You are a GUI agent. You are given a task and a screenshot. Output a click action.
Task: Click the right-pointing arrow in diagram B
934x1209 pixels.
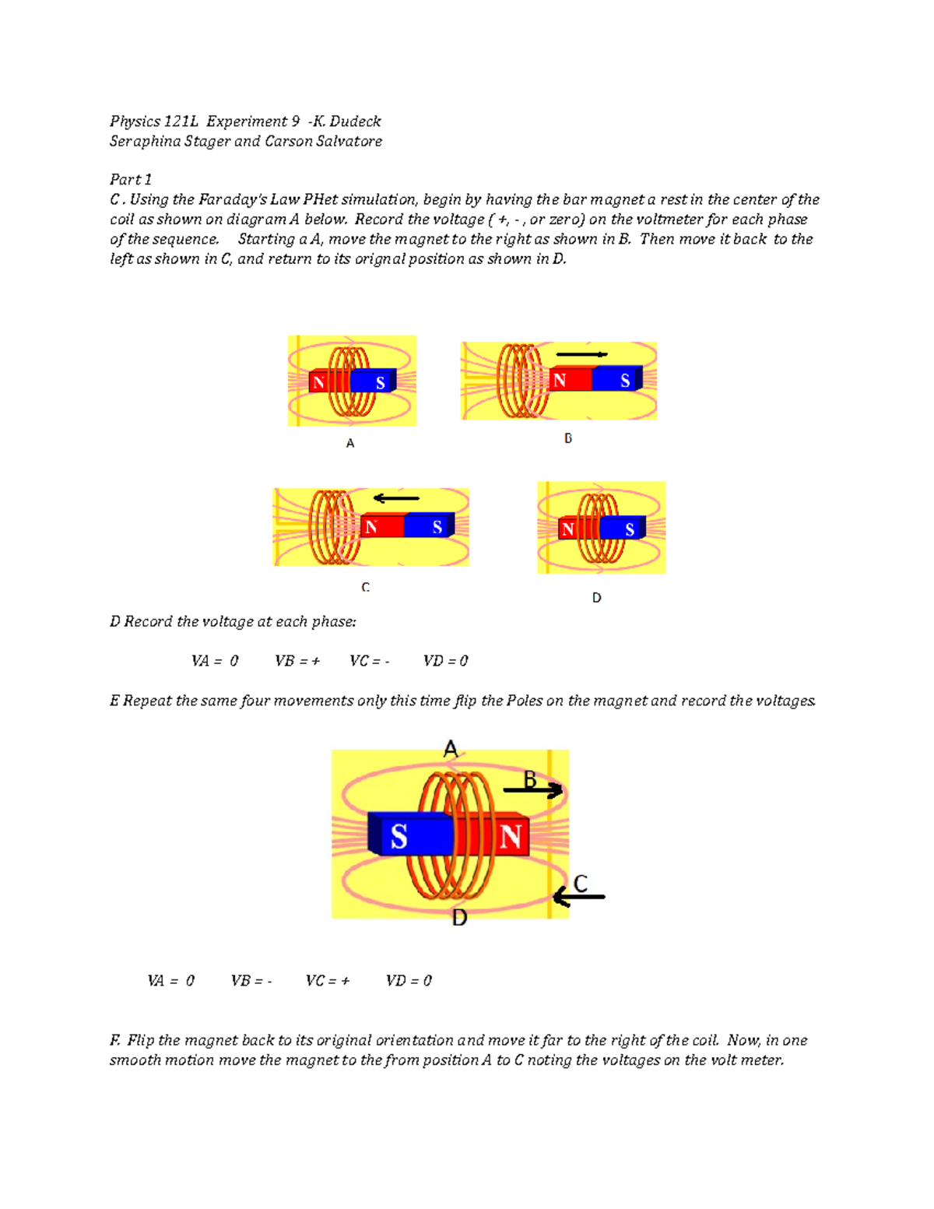pos(581,354)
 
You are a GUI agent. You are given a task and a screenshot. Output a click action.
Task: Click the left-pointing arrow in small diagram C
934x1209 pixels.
pos(396,498)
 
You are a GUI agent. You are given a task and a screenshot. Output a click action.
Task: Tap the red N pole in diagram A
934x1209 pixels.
pos(318,382)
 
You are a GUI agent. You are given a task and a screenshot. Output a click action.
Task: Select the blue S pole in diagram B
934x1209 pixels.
pos(618,380)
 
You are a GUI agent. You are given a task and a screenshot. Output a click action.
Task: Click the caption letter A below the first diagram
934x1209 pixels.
pos(350,443)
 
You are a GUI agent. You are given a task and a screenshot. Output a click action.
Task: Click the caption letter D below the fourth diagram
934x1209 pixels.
pos(596,598)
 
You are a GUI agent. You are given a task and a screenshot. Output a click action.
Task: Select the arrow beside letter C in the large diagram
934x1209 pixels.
pos(578,897)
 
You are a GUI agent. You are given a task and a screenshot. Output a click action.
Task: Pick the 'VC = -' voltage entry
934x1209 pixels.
pos(369,661)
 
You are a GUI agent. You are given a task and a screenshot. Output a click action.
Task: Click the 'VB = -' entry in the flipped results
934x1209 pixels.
pos(251,981)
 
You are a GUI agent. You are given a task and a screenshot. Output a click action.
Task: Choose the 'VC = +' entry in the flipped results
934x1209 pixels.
pos(327,981)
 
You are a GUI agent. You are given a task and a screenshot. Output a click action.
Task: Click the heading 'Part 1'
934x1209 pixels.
pos(131,179)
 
